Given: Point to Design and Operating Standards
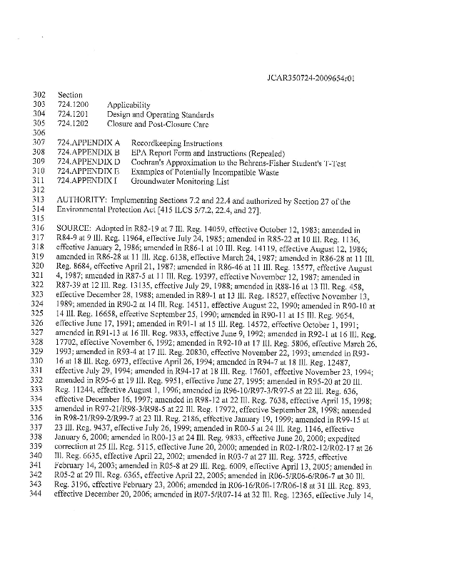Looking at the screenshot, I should click(x=161, y=114).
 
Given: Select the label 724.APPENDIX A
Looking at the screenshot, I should click(x=87, y=143).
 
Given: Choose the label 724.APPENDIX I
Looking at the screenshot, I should click(x=86, y=182).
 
